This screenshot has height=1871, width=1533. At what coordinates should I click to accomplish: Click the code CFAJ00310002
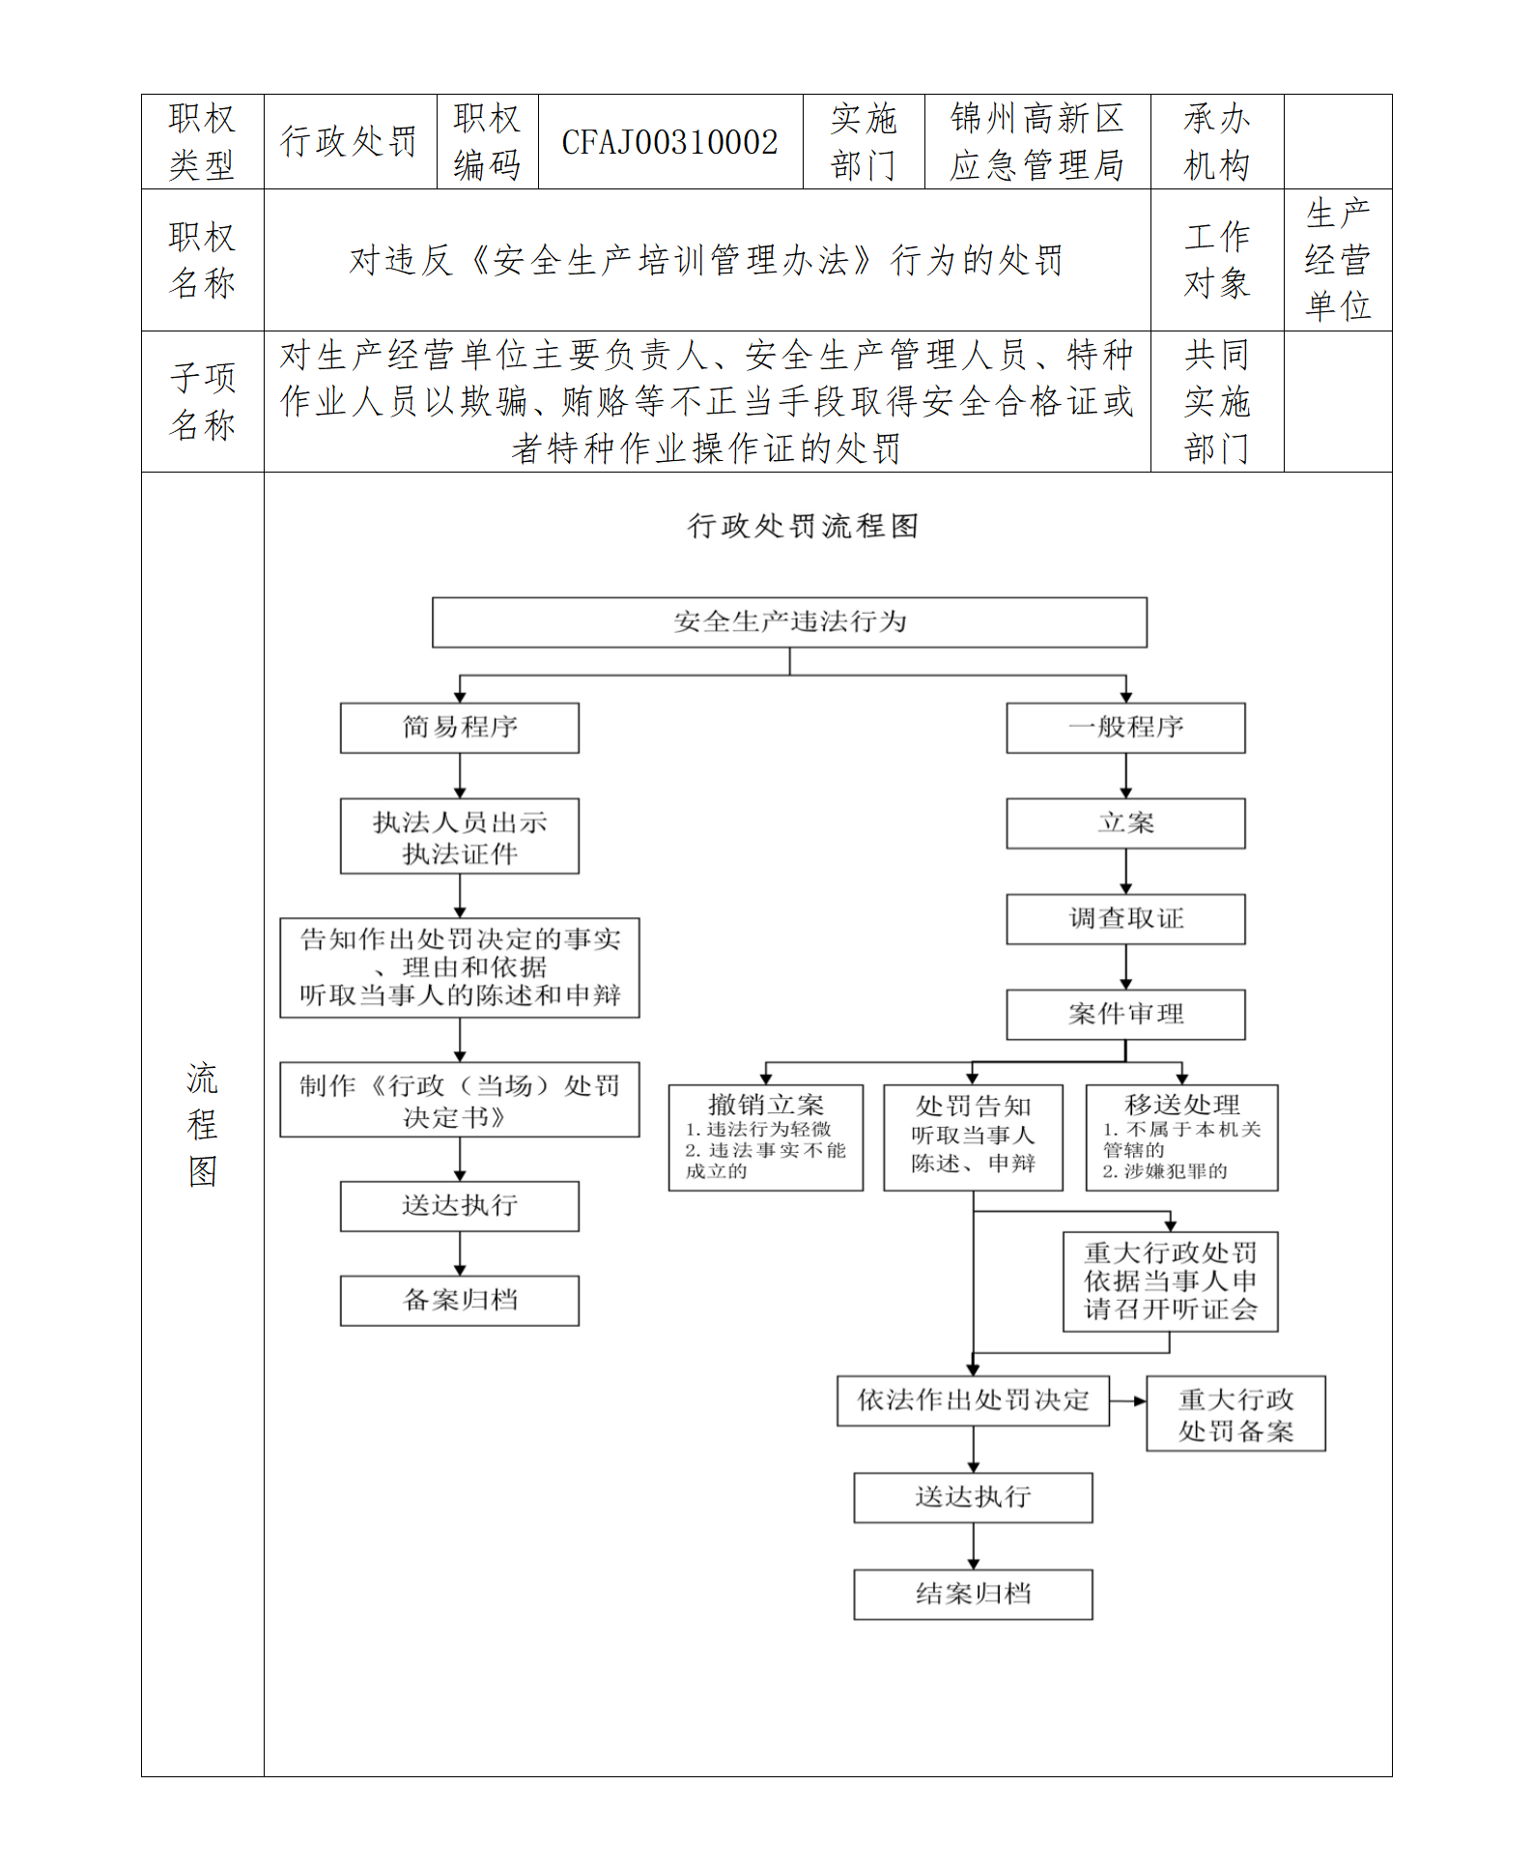669,143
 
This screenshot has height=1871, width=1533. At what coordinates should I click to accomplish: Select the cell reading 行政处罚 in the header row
349,142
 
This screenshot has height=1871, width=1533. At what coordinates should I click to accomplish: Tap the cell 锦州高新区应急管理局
1036,142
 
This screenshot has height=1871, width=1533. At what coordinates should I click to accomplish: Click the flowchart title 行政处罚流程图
803,526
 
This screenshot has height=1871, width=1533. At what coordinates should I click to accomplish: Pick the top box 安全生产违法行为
789,621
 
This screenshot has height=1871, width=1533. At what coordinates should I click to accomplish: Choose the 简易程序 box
460,728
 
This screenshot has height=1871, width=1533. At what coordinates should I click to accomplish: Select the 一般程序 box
1125,728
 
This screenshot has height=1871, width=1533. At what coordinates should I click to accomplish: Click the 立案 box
1125,823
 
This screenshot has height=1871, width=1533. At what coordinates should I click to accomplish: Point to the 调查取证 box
1125,919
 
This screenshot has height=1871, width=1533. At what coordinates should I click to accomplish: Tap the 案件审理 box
1125,1015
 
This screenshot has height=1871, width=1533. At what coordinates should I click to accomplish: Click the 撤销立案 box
766,1137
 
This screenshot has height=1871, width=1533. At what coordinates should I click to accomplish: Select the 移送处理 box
1181,1137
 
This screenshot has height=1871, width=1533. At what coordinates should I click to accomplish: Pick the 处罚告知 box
973,1137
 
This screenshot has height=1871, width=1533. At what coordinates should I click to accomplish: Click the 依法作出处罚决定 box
973,1400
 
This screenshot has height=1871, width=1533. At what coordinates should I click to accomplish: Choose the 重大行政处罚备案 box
1235,1414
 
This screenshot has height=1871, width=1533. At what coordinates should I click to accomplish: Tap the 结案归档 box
973,1594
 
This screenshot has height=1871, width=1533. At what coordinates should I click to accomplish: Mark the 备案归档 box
460,1301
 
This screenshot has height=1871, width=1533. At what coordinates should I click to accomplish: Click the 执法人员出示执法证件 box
460,836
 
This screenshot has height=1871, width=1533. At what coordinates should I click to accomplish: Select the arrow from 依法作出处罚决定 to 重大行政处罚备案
1128,1401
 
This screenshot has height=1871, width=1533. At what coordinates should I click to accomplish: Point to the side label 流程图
203,1124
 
